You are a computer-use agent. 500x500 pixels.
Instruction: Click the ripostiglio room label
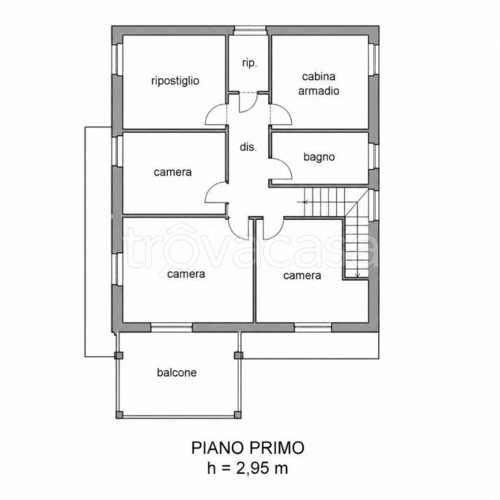[175, 81]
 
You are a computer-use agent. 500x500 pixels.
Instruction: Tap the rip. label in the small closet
[249, 63]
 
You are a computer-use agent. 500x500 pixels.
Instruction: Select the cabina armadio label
[318, 84]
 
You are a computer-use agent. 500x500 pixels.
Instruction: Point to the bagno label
[319, 157]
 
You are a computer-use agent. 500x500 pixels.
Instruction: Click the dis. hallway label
[248, 147]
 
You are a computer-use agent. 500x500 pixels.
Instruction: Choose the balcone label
[176, 372]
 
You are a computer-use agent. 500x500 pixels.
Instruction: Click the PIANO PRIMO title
[248, 448]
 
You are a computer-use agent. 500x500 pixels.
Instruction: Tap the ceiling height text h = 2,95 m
[247, 468]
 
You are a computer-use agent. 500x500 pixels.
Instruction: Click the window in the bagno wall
[374, 156]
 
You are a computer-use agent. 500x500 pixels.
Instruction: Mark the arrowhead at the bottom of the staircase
[357, 275]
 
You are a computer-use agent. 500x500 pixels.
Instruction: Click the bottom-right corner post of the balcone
[238, 414]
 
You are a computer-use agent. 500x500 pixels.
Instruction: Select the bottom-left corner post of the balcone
[119, 414]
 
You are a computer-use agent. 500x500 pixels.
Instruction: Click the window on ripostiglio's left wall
[117, 59]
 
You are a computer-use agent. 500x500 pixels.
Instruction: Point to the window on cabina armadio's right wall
[374, 59]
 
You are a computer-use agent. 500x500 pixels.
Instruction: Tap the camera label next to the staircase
[302, 275]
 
